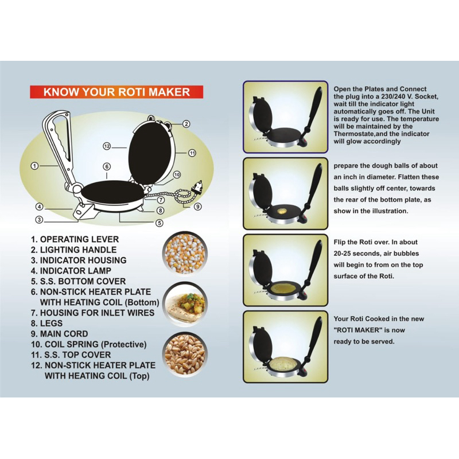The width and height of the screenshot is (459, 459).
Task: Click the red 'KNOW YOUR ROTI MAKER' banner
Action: (x=116, y=92)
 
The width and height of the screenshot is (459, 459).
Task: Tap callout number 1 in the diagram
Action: (x=34, y=166)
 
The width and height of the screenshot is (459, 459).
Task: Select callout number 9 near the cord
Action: (x=198, y=207)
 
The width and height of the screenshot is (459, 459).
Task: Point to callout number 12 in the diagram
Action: (x=107, y=146)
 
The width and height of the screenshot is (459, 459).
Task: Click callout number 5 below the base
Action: (x=159, y=223)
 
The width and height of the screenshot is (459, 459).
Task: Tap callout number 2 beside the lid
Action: (x=186, y=124)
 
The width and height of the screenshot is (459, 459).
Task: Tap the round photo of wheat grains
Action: (x=185, y=355)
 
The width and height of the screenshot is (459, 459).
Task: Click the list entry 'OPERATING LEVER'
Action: (x=79, y=239)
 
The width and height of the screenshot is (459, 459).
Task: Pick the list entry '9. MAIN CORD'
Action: (x=60, y=334)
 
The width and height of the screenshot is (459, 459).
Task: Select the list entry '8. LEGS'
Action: (x=47, y=323)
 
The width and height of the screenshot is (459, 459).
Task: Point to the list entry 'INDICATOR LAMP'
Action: (x=76, y=271)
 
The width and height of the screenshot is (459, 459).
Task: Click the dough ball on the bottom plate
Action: (x=282, y=211)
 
